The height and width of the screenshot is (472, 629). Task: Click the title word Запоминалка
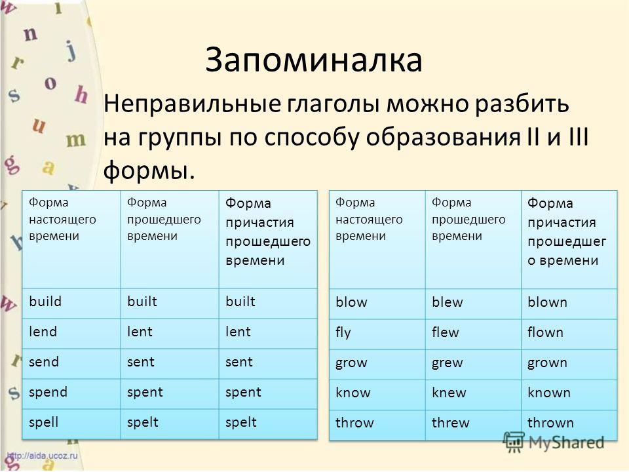(x=314, y=60)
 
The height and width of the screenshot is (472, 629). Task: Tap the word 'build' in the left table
(x=45, y=301)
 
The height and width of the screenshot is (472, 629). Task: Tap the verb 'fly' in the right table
(x=343, y=333)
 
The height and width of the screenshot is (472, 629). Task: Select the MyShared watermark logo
(x=554, y=442)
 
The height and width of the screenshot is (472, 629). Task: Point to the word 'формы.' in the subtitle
(x=149, y=170)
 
